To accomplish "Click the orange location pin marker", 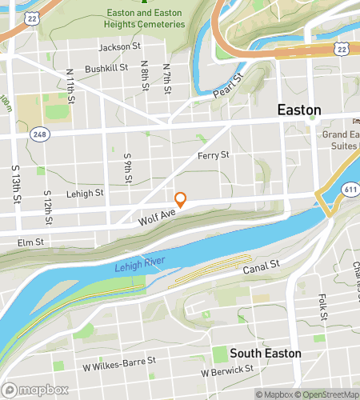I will point(181,199).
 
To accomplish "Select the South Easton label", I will point(266,353).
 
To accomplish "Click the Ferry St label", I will point(213,154).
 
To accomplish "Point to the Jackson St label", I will point(119,47).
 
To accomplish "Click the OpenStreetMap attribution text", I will point(327,394).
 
